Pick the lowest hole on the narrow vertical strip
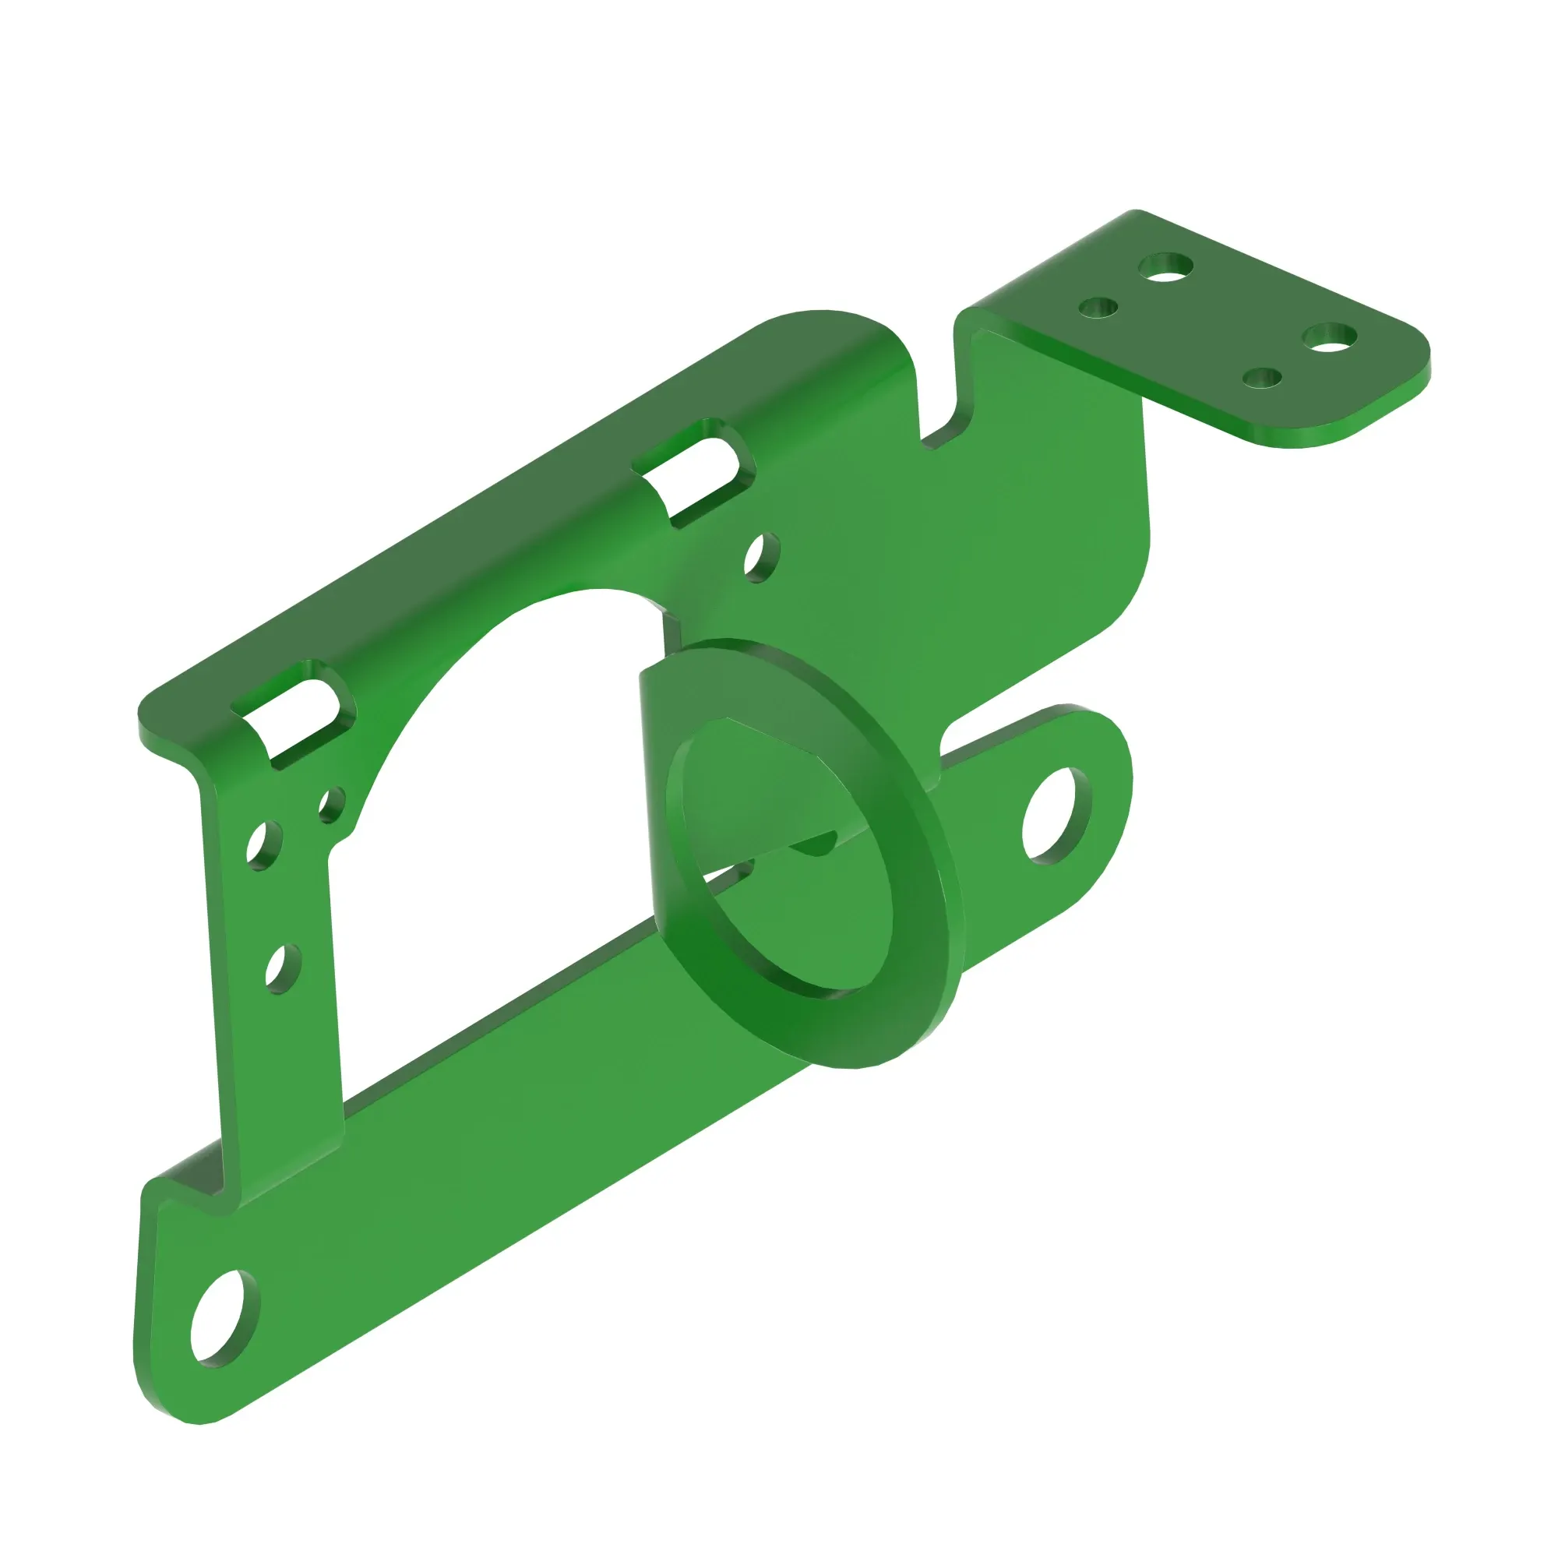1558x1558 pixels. pos(282,968)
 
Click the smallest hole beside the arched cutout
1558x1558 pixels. pos(330,804)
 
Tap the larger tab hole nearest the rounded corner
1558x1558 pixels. pos(1330,338)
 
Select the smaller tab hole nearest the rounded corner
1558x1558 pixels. pos(1263,377)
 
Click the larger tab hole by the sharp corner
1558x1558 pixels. pos(1166,268)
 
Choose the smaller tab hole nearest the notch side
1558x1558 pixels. pos(1099,308)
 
